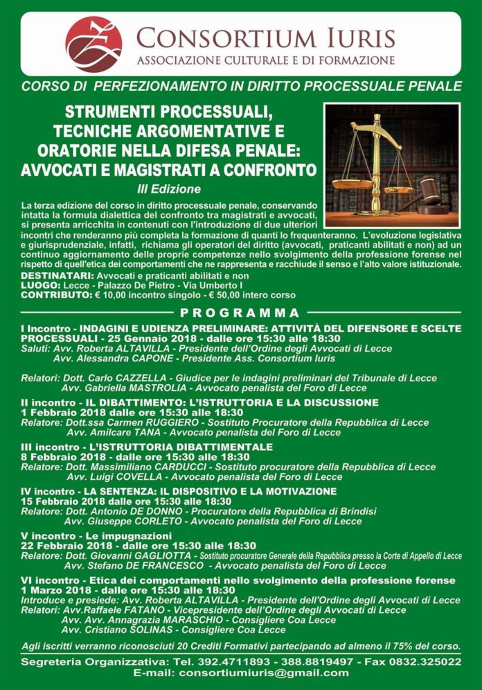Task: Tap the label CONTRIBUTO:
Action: coord(50,295)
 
